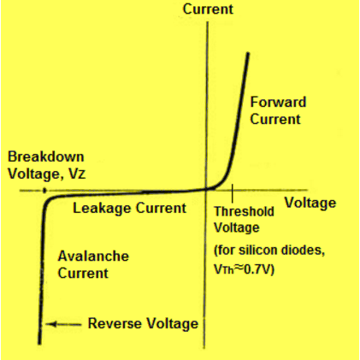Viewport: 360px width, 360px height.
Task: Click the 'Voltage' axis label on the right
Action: [x=310, y=204]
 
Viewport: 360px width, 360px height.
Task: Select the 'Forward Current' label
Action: [x=277, y=110]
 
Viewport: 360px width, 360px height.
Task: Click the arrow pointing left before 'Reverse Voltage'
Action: [x=65, y=324]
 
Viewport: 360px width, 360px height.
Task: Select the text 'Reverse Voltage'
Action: [x=143, y=324]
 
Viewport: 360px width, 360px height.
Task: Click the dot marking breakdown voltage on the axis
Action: [x=44, y=190]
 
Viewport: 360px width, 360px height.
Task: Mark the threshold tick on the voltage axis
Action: [x=232, y=189]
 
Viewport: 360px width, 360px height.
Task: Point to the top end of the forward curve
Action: [x=248, y=54]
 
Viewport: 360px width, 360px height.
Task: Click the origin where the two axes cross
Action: [x=206, y=190]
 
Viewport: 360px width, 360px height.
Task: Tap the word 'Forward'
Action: [x=277, y=103]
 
